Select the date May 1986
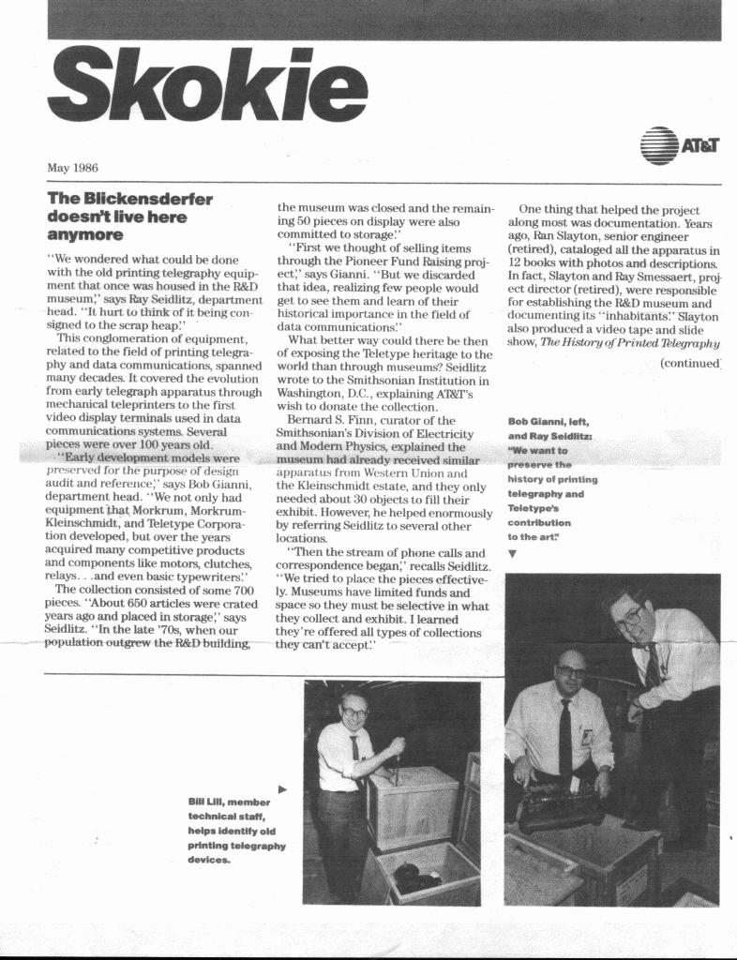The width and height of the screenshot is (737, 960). [72, 168]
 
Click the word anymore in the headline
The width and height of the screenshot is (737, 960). [85, 234]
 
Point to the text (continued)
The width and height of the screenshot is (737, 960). [690, 364]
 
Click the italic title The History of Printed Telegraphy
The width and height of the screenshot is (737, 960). [629, 342]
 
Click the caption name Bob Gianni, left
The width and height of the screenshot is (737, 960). [549, 421]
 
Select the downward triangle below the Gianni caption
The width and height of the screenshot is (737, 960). [512, 553]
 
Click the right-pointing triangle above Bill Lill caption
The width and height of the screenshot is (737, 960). [283, 788]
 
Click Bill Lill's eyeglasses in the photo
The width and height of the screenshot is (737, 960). [354, 712]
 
